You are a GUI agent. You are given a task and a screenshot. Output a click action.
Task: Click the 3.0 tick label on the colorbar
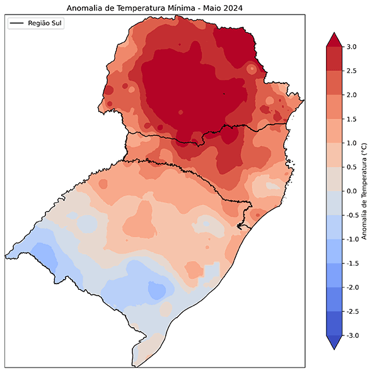pos(352,47)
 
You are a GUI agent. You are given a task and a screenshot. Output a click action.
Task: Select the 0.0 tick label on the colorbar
pos(352,191)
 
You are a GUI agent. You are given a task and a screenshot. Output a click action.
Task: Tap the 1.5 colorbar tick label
pos(352,119)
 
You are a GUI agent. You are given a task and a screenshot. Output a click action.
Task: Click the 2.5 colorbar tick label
pos(352,71)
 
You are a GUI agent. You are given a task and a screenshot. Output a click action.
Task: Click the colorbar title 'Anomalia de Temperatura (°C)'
pos(364,191)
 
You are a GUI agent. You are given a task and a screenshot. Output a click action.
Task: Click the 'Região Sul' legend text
pos(46,23)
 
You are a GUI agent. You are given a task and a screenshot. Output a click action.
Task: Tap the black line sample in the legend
pos(18,23)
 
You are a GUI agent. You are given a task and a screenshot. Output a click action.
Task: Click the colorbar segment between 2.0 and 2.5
pos(334,83)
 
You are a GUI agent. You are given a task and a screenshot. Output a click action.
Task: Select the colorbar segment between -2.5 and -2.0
pos(334,299)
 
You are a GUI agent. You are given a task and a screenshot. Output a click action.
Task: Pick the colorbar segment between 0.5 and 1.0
pos(334,155)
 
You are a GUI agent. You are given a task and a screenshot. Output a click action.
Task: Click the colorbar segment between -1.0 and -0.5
pos(334,227)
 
